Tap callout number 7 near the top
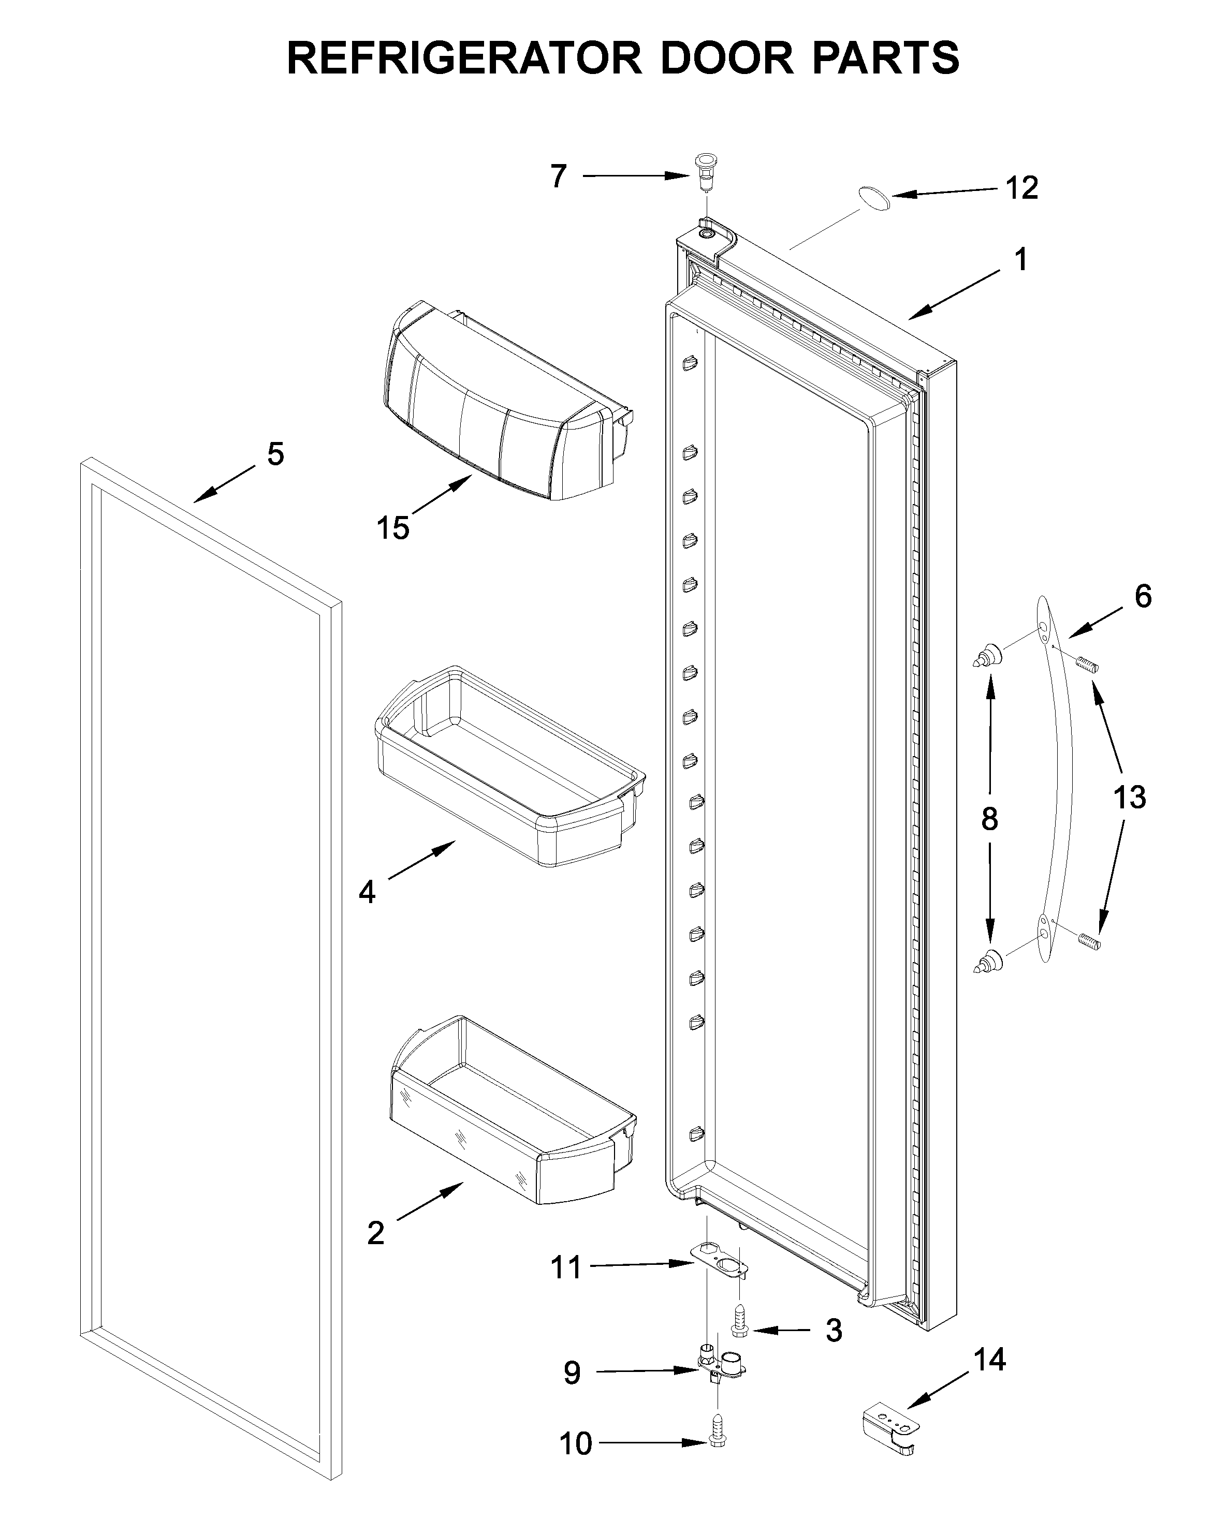pyautogui.click(x=559, y=176)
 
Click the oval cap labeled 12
pyautogui.click(x=874, y=197)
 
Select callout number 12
pyautogui.click(x=1021, y=188)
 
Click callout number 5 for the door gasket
pyautogui.click(x=275, y=454)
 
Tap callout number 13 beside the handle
pyautogui.click(x=1129, y=797)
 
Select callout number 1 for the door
pyautogui.click(x=1020, y=260)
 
